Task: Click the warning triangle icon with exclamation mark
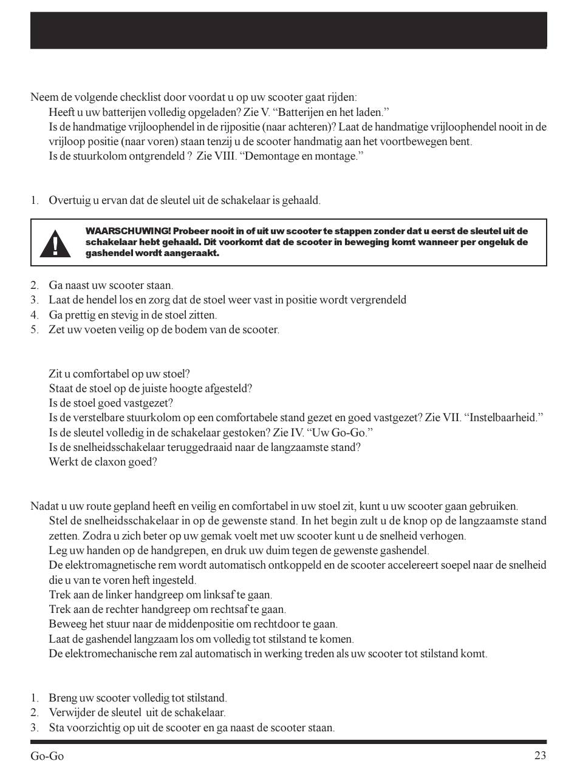55,243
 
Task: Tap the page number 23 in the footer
540,756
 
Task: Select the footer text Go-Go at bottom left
47,756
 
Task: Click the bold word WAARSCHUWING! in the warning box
128,231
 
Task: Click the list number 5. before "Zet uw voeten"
35,330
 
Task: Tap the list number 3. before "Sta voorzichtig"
35,727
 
